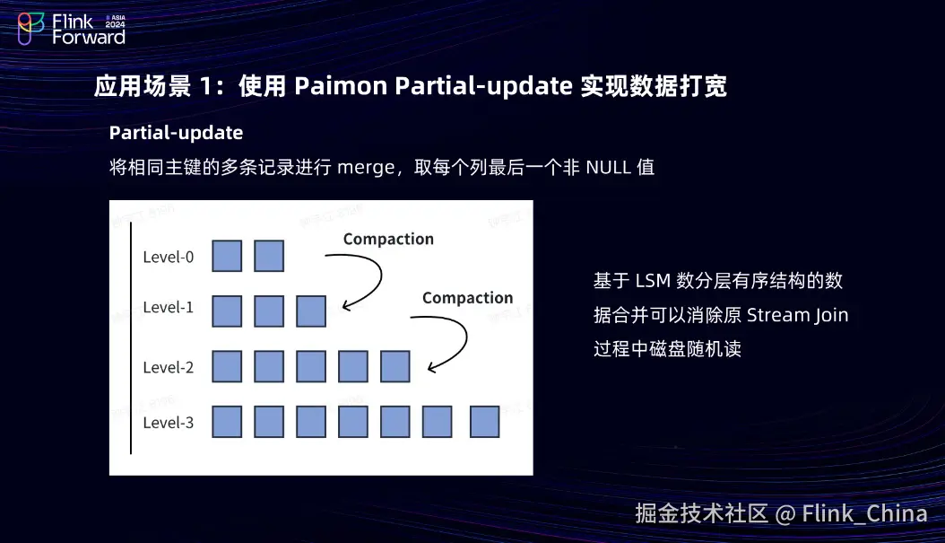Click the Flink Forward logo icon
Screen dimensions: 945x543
tap(30, 29)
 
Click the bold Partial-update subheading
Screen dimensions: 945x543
tap(176, 133)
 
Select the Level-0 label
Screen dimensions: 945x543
tap(169, 258)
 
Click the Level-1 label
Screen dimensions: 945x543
tap(169, 308)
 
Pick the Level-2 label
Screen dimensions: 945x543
tap(169, 367)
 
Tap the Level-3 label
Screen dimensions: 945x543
tap(169, 422)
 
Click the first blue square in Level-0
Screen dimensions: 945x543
tap(227, 256)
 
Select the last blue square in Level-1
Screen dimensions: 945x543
tap(311, 311)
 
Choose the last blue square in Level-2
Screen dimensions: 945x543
tap(395, 366)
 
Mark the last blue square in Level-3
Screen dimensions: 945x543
tap(484, 422)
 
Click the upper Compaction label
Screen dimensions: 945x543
tap(388, 240)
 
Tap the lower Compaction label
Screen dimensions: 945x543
tap(467, 298)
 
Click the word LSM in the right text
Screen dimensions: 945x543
tap(653, 281)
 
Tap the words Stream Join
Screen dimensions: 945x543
tap(797, 315)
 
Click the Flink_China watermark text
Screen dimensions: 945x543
tap(864, 513)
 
